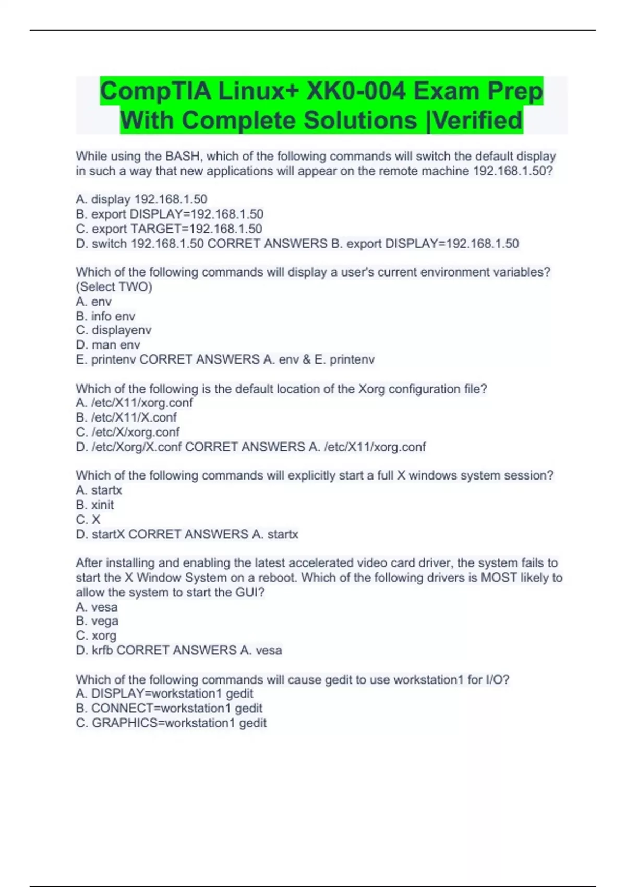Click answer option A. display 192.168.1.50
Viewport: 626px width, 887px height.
tap(141, 199)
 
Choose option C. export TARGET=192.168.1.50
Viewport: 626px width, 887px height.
tap(169, 229)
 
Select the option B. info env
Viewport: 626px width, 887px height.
tap(105, 316)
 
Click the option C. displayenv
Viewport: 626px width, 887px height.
tap(114, 330)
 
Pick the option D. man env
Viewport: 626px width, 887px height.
tap(108, 345)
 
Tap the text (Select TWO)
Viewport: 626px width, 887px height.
tap(114, 286)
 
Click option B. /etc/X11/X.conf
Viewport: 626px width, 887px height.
tap(126, 417)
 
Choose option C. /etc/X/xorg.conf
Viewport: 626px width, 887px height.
tap(128, 432)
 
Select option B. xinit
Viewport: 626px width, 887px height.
tap(95, 505)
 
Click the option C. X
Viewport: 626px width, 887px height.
tap(88, 519)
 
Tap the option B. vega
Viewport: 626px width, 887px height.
tap(97, 621)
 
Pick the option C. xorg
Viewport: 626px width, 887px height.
tap(96, 636)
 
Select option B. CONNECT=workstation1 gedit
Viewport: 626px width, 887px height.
tap(169, 708)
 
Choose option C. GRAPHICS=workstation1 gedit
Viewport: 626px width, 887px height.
tap(171, 723)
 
